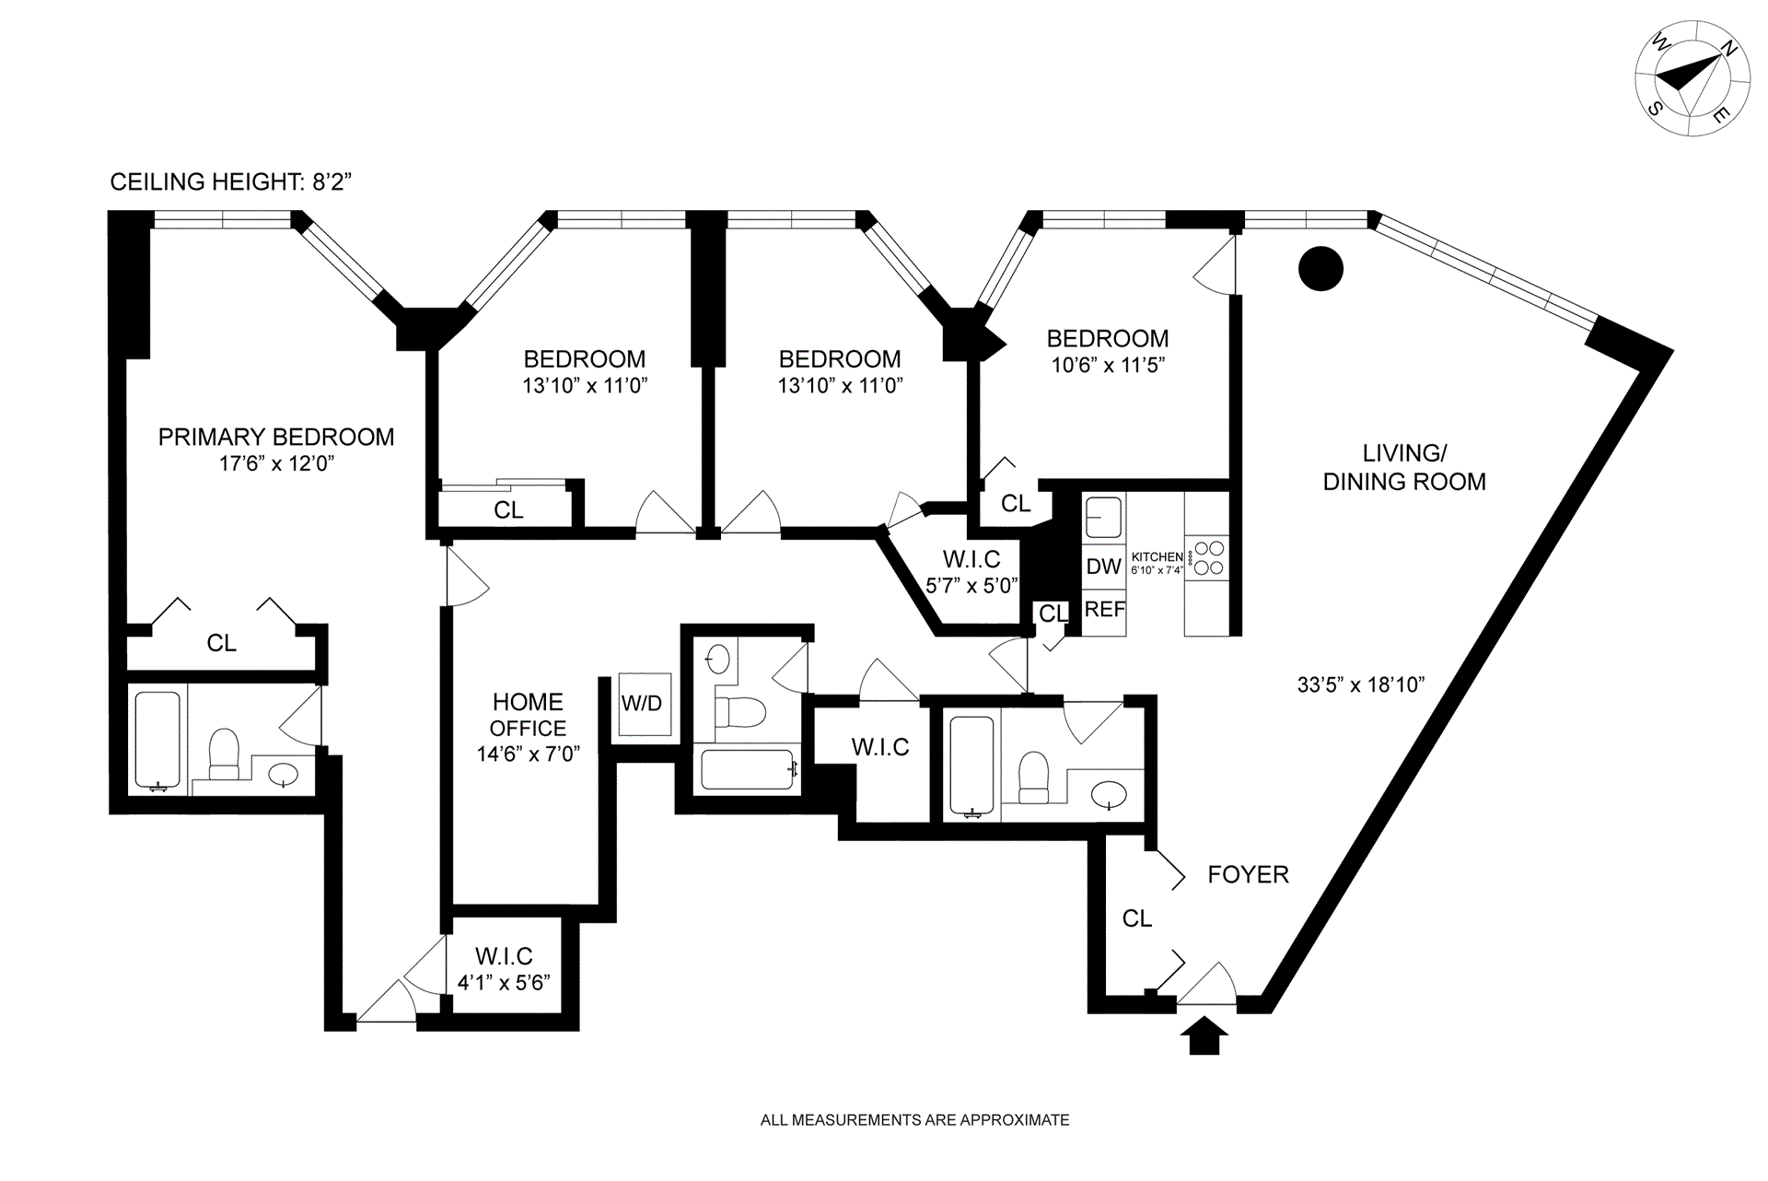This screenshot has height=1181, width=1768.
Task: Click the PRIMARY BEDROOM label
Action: pyautogui.click(x=276, y=437)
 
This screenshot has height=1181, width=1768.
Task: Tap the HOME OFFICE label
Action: pyautogui.click(x=528, y=715)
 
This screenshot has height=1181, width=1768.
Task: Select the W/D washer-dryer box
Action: pyautogui.click(x=642, y=704)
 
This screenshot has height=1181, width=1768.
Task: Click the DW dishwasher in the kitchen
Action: pyautogui.click(x=1103, y=567)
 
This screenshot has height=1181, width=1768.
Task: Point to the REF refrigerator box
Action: pyautogui.click(x=1104, y=610)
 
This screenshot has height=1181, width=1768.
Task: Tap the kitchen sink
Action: pyautogui.click(x=1104, y=517)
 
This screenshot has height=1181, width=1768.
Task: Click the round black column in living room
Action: pyautogui.click(x=1320, y=270)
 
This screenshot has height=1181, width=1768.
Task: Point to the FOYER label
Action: pyautogui.click(x=1248, y=874)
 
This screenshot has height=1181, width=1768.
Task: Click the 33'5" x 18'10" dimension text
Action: pyautogui.click(x=1361, y=684)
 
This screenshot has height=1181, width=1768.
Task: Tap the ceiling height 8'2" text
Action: pyautogui.click(x=231, y=181)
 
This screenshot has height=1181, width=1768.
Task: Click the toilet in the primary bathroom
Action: pyautogui.click(x=224, y=754)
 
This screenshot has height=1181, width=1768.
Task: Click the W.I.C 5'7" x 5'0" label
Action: pyautogui.click(x=971, y=571)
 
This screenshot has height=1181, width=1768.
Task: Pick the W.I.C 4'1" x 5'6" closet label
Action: pyautogui.click(x=504, y=969)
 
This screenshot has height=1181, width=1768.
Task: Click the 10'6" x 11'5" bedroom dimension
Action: pyautogui.click(x=1108, y=365)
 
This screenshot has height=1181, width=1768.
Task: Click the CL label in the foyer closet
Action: pyautogui.click(x=1137, y=918)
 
